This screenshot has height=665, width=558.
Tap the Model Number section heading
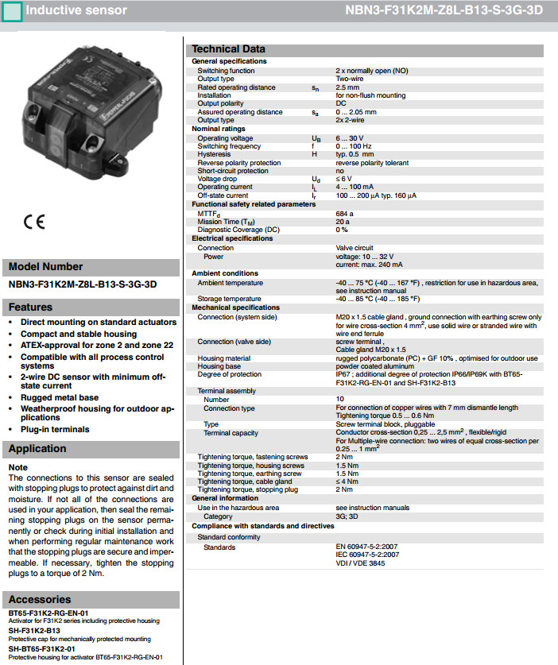click(45, 266)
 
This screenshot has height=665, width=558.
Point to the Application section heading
click(37, 448)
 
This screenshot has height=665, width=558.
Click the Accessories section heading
click(39, 598)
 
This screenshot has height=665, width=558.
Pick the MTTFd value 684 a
click(345, 214)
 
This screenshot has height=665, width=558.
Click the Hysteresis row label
click(215, 154)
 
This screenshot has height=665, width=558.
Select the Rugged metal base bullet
click(60, 397)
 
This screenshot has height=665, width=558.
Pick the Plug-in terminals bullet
click(55, 429)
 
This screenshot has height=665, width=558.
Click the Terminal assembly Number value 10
click(339, 399)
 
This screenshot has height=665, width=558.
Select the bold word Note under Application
click(17, 467)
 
